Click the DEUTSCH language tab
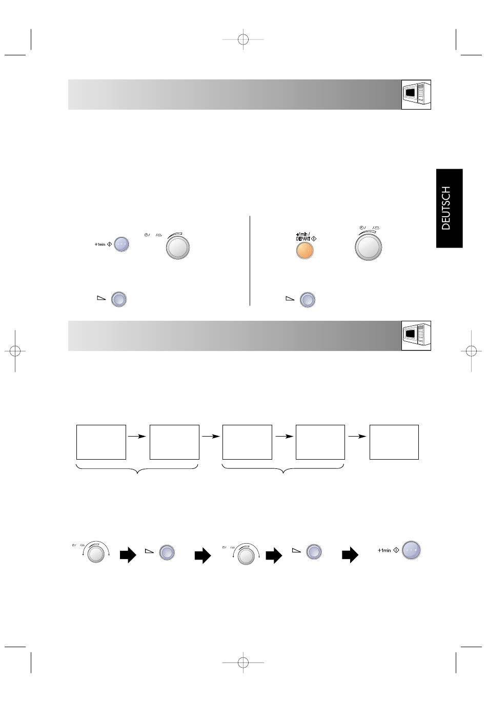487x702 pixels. pos(449,208)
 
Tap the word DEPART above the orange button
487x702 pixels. pos(303,239)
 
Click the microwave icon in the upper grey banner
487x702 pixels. pos(416,95)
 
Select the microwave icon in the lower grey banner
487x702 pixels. pos(416,336)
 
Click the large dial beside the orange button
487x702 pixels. pos(368,246)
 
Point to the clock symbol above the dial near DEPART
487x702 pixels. pos(361,228)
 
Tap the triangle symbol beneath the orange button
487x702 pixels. pos(290,299)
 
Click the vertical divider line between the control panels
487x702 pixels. pos(250,260)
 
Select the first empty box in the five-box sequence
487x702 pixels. pos(101,442)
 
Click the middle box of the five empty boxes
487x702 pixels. pos(247,442)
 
